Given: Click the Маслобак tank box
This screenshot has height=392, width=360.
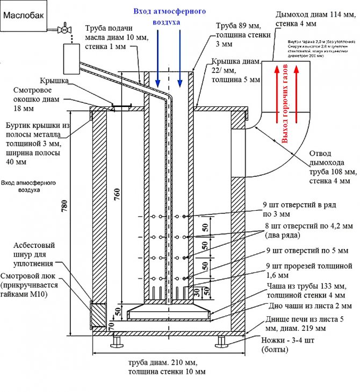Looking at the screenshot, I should pos(21,16).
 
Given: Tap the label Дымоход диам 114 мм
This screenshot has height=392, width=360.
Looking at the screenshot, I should pos(308,19).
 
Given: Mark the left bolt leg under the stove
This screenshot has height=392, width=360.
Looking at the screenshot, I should pos(117,341).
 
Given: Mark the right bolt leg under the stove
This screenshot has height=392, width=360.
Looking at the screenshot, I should pos(221,341).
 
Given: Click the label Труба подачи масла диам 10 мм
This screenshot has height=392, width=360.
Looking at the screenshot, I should pos(111,38).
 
